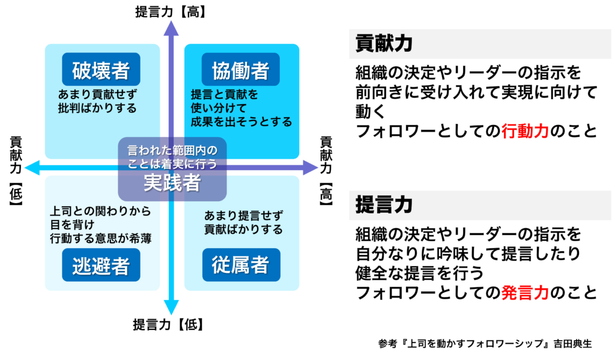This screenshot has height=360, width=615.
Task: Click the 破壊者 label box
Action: pos(101,70)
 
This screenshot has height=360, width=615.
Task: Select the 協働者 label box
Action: pos(241,70)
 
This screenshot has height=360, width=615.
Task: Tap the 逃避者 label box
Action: pos(101,265)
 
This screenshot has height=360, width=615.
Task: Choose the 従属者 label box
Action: pos(241,265)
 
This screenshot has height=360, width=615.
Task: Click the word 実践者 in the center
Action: pos(172,184)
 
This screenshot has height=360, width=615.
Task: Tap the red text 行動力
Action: pos(525,132)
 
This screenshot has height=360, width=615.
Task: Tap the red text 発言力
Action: pos(525,293)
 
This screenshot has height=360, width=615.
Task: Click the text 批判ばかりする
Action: pos(97,108)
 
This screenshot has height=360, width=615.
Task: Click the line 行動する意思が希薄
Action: pos(100,239)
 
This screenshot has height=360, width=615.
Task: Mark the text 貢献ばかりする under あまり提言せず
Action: pos(243,229)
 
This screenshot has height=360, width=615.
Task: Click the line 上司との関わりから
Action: pos(100,212)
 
